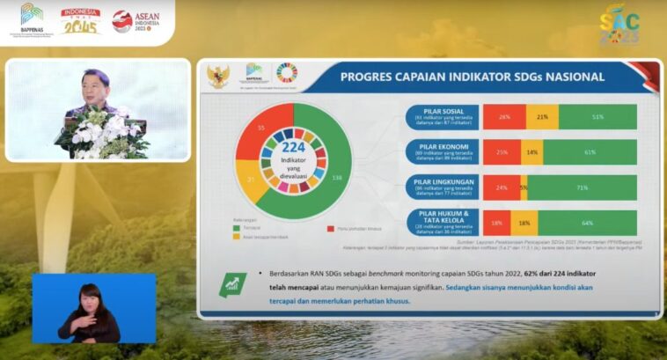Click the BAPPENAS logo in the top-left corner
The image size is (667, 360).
(32, 19)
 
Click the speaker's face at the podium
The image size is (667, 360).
(97, 86)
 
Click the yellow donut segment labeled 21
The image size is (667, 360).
(250, 180)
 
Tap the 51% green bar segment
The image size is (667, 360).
(597, 117)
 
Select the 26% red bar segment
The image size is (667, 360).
(504, 117)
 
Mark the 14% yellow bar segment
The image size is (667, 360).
(531, 152)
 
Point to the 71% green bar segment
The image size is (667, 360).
(582, 187)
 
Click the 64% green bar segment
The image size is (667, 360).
(587, 223)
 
